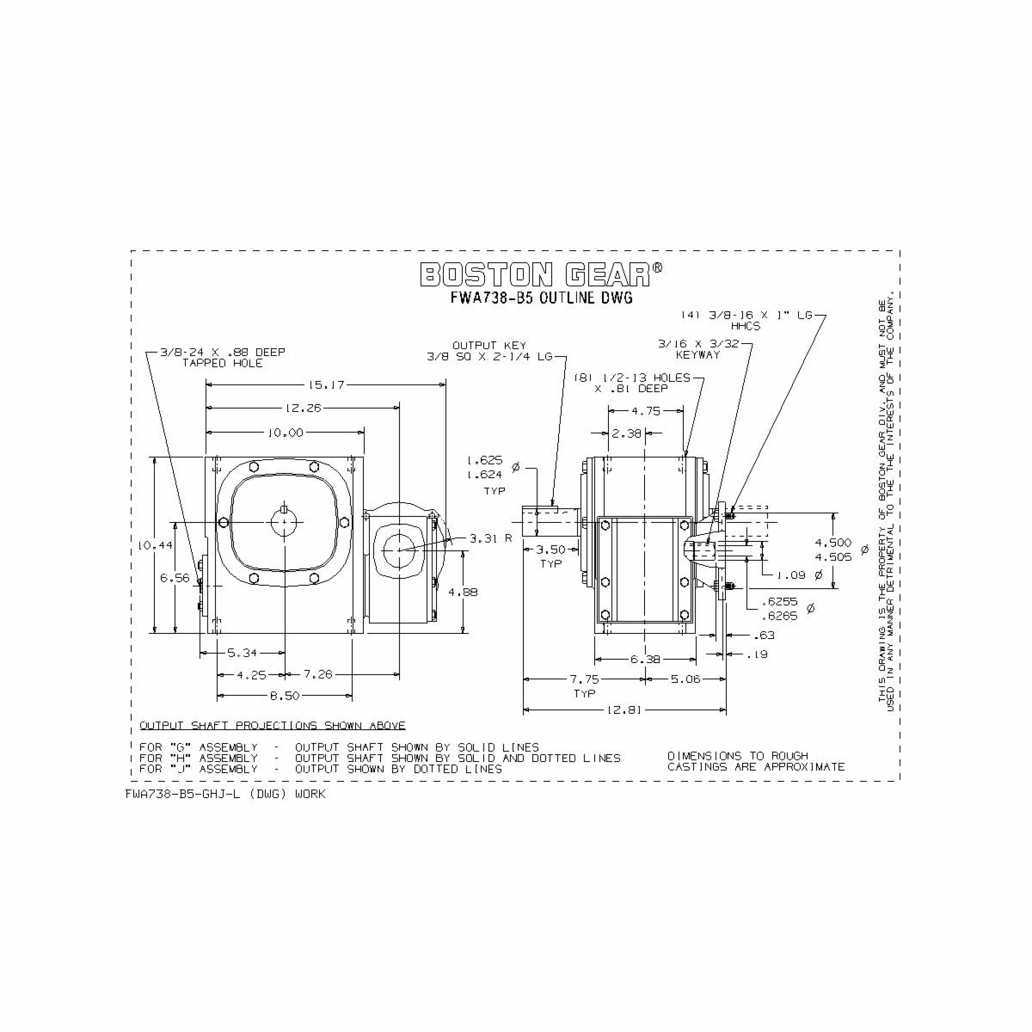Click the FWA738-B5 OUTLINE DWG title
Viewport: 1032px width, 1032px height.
click(x=541, y=299)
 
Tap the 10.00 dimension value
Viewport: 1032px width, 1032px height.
click(x=284, y=433)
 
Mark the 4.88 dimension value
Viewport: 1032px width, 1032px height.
click(x=463, y=592)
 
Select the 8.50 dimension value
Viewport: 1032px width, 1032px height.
click(x=284, y=695)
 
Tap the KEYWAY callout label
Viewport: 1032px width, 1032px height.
click(x=697, y=355)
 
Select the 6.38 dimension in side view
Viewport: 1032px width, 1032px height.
click(x=645, y=660)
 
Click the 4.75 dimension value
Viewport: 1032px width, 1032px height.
click(x=646, y=411)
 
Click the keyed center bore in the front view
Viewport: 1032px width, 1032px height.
click(x=284, y=521)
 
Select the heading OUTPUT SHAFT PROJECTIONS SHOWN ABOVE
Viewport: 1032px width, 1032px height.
click(x=272, y=726)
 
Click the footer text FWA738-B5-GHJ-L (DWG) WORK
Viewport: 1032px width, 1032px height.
click(x=225, y=795)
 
